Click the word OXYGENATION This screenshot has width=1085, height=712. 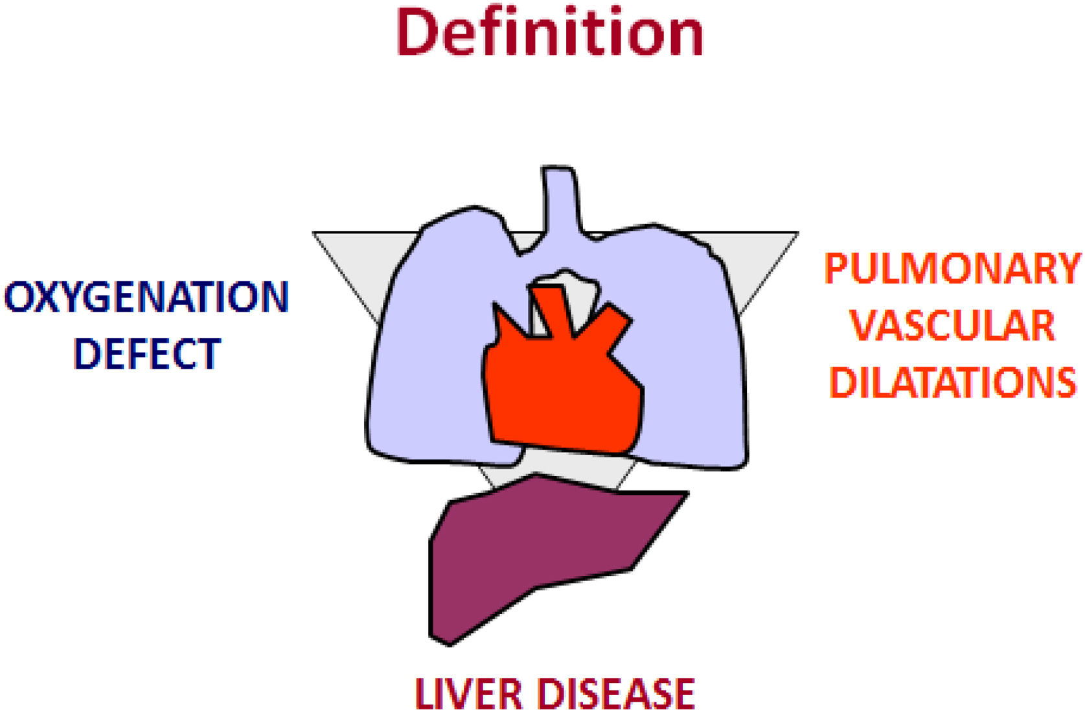146,297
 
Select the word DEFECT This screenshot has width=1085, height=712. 147,354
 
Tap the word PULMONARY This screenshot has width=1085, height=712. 952,269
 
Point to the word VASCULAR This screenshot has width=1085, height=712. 952,326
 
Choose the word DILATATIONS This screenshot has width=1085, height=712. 952,382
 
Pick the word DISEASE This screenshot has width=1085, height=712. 617,694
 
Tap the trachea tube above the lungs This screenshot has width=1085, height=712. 559,201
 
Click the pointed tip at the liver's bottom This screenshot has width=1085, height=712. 448,642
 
